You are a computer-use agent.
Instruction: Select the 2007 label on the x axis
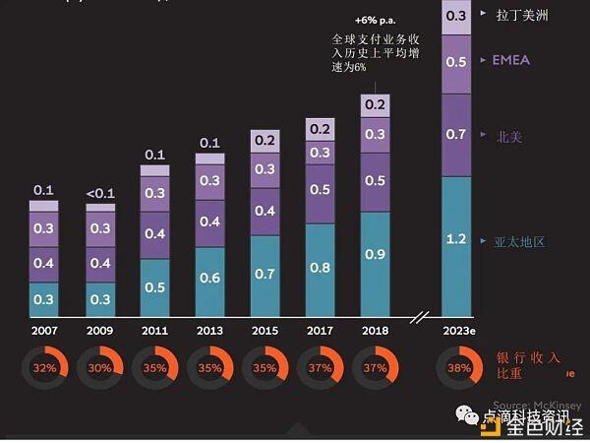tap(44, 331)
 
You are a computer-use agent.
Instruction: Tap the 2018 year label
tap(375, 331)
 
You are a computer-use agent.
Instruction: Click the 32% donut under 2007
tap(44, 367)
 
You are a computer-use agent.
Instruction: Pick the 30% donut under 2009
tap(99, 367)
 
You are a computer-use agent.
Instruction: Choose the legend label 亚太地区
tap(518, 241)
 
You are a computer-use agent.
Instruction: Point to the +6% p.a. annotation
tap(374, 20)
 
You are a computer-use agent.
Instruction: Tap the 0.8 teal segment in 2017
tap(320, 266)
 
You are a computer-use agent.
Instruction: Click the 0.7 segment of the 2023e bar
tap(456, 134)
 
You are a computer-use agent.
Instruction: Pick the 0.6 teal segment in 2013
tap(209, 278)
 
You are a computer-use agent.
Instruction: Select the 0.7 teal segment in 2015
tap(265, 273)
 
